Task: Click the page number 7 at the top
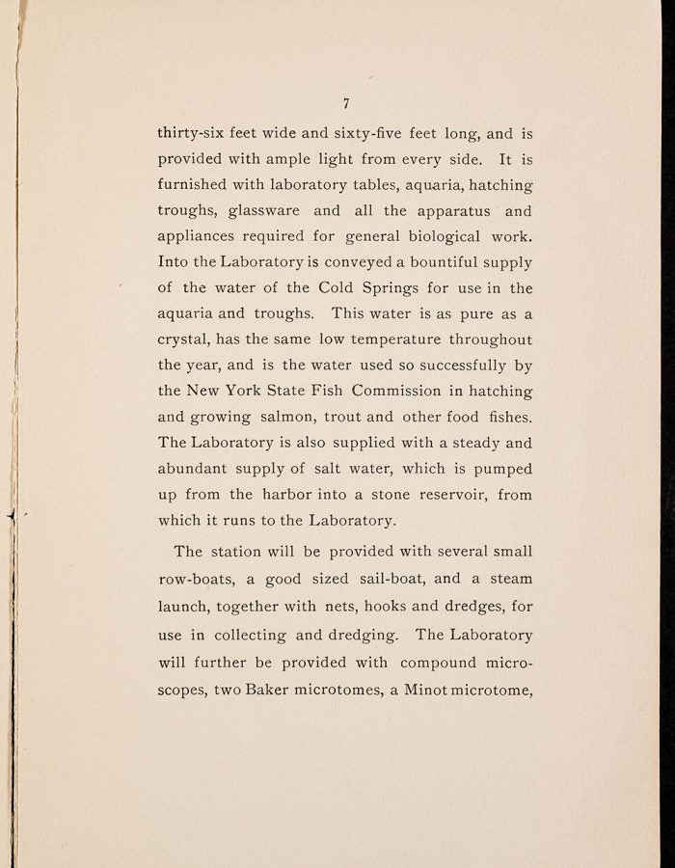345,105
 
